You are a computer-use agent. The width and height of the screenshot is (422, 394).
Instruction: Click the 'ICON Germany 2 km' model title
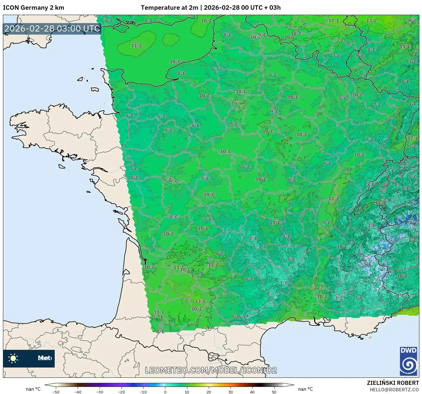point(34,8)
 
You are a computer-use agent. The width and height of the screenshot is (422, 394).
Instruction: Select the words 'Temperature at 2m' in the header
point(169,8)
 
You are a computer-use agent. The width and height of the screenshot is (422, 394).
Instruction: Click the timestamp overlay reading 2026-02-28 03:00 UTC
point(52,29)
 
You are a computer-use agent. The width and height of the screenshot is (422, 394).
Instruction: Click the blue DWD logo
point(408,361)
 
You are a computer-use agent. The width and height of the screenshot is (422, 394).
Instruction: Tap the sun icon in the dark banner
point(13,358)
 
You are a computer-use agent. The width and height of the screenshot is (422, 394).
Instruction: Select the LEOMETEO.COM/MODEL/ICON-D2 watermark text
point(211,370)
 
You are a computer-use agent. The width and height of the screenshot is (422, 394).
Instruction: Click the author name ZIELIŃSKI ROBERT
point(393,383)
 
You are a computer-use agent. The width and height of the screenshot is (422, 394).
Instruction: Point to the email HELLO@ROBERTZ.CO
point(394,390)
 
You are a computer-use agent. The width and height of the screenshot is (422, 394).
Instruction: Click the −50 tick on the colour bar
point(56,392)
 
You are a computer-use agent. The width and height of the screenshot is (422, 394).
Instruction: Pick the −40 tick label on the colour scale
point(78,392)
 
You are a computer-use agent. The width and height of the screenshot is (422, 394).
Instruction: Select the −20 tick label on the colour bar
point(121,392)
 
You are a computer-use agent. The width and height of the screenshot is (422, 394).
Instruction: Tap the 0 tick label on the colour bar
point(165,392)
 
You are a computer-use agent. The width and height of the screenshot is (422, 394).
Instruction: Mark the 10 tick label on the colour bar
point(187,392)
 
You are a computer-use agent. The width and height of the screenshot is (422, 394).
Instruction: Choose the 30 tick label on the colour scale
point(230,392)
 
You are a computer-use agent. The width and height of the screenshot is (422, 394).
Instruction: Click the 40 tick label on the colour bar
point(252,392)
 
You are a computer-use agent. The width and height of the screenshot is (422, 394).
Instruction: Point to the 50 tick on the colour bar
point(274,392)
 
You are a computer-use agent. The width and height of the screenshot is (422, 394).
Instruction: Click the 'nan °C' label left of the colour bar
point(33,389)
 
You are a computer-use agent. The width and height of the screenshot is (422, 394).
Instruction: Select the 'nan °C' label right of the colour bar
point(305,389)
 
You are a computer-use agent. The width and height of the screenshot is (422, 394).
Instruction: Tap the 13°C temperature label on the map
point(372,21)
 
